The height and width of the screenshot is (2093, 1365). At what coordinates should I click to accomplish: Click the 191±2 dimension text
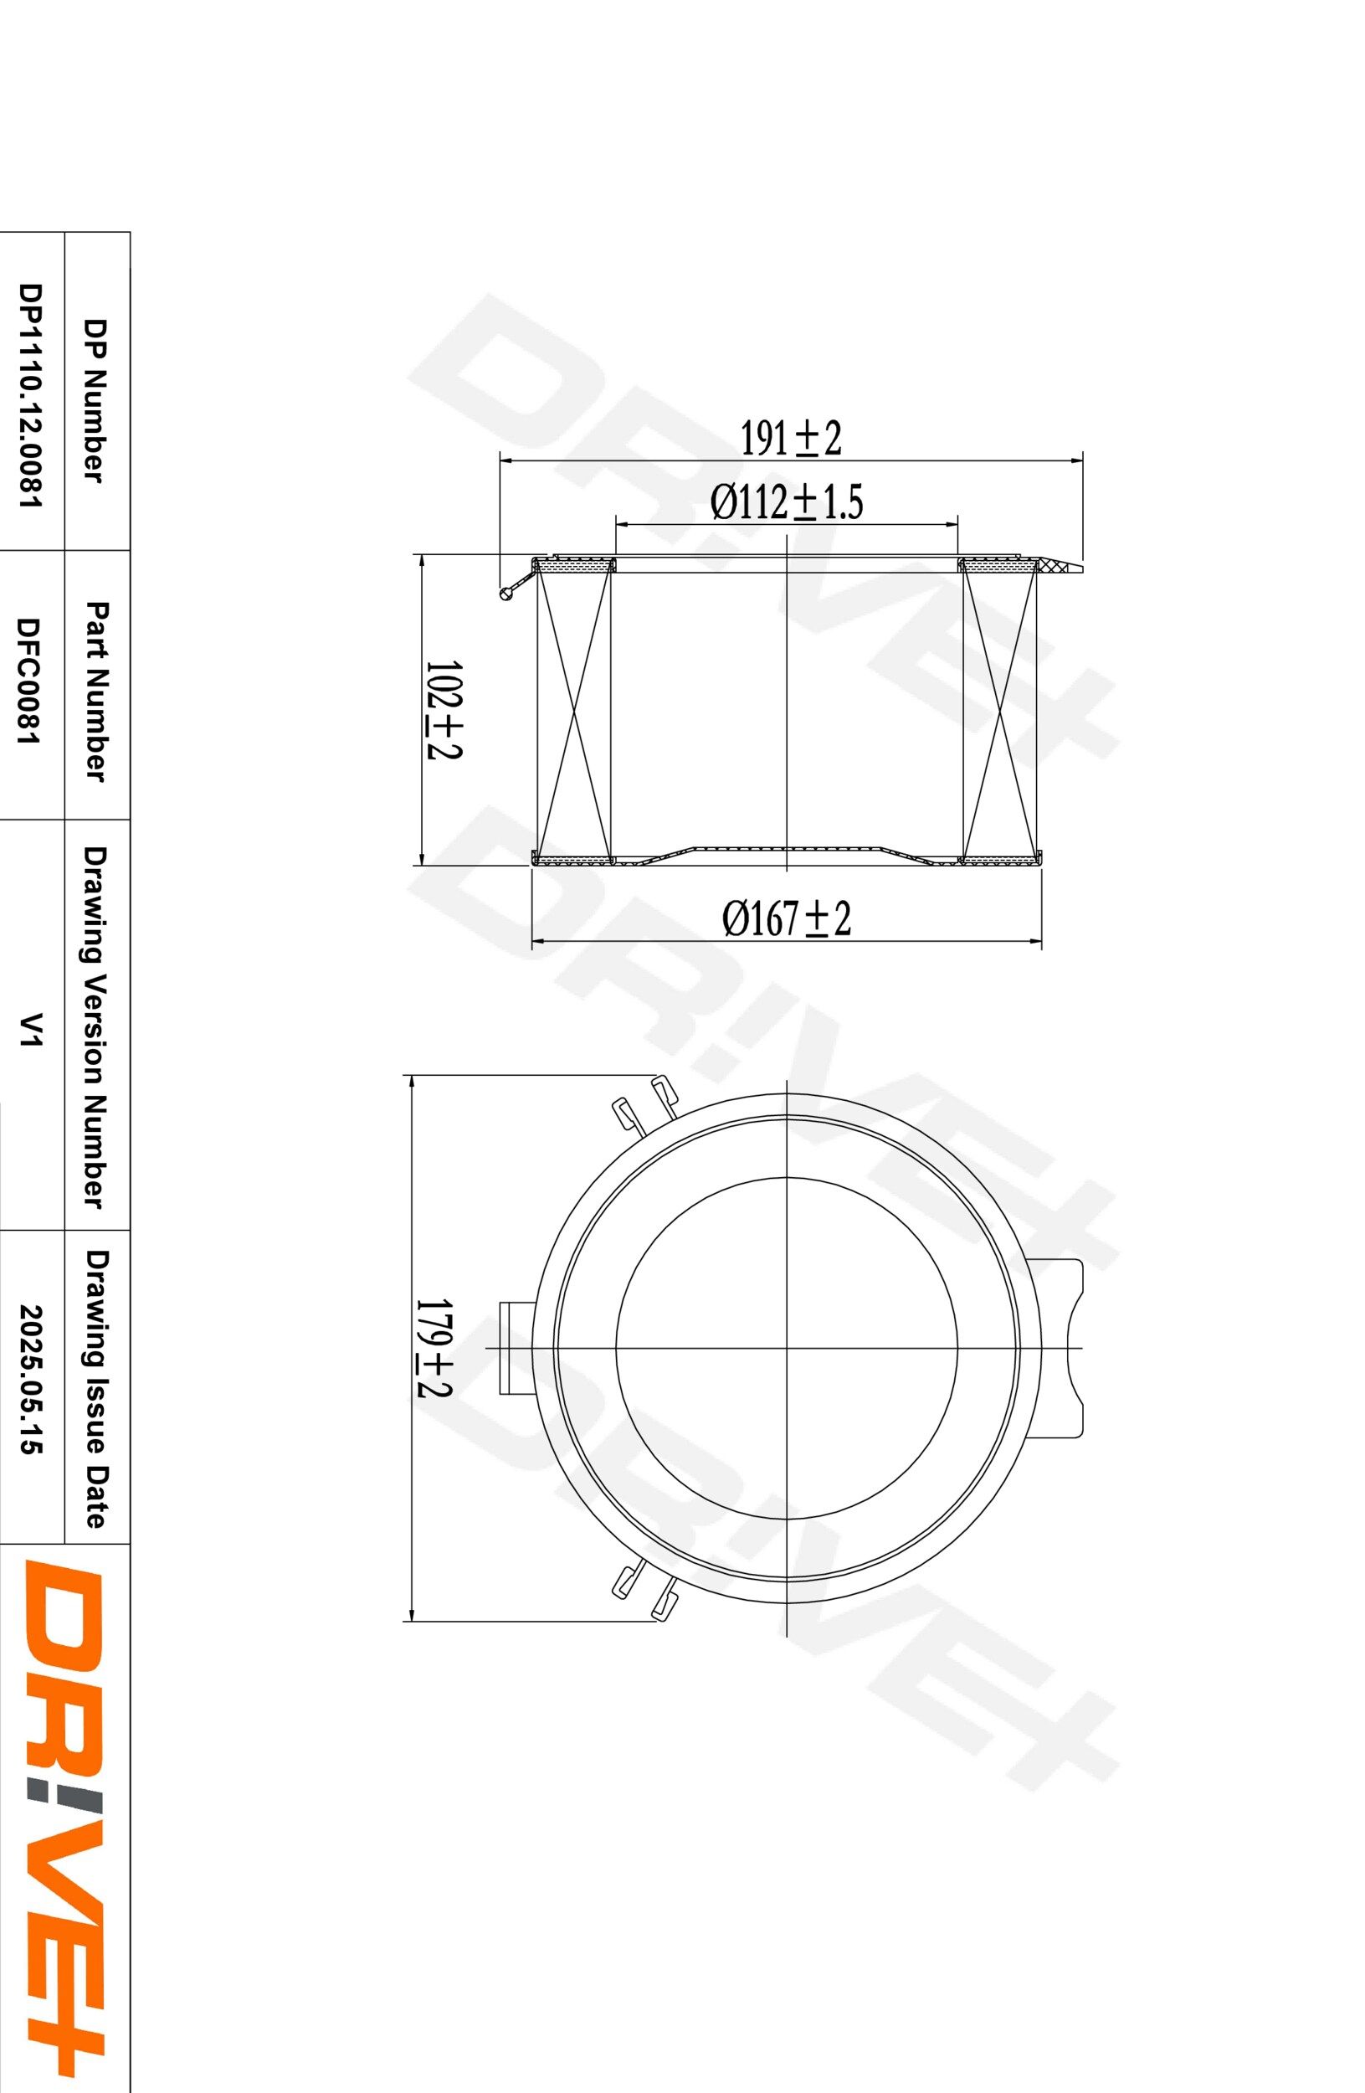[x=789, y=438]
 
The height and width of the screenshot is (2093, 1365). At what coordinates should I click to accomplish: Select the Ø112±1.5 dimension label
[x=786, y=503]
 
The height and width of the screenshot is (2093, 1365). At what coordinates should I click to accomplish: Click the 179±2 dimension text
[x=434, y=1349]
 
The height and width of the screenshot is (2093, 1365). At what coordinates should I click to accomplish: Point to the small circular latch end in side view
[x=505, y=595]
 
